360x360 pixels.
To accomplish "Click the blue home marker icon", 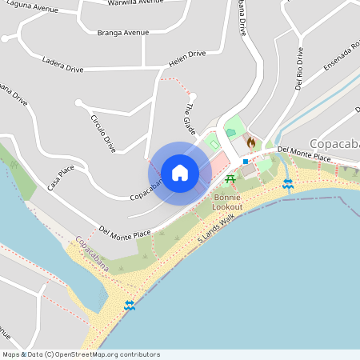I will (180, 172).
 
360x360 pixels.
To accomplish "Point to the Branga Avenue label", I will (123, 33).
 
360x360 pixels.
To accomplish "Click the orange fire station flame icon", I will (250, 142).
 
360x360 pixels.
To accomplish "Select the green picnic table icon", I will (230, 178).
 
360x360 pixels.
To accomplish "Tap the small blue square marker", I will (246, 162).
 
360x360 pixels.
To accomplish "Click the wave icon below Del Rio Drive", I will (288, 184).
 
